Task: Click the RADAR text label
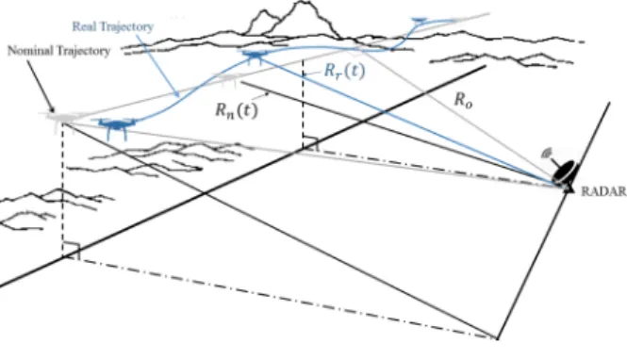(x=603, y=192)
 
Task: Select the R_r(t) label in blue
(x=344, y=71)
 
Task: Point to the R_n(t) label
(x=237, y=110)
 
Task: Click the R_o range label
(x=463, y=100)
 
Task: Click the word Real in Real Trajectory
(x=84, y=26)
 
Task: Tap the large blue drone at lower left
(x=116, y=127)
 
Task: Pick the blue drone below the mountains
(x=254, y=57)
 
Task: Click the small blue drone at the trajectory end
(x=419, y=21)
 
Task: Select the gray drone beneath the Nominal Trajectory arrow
(x=60, y=119)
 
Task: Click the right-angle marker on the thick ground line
(x=73, y=251)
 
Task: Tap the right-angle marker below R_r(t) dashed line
(x=311, y=143)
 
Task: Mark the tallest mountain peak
(x=303, y=3)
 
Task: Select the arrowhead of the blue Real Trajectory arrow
(x=176, y=93)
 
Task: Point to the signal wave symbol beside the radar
(x=546, y=154)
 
